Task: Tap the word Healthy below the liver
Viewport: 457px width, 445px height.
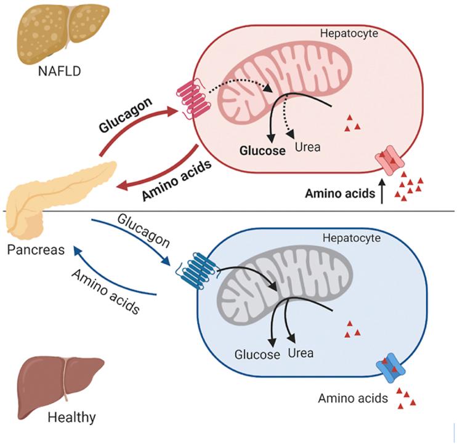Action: [x=72, y=418]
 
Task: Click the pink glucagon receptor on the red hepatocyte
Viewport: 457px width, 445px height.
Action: [x=193, y=99]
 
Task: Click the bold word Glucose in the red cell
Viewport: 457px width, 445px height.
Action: [x=263, y=150]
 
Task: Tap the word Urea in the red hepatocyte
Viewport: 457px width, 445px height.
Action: [x=307, y=148]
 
